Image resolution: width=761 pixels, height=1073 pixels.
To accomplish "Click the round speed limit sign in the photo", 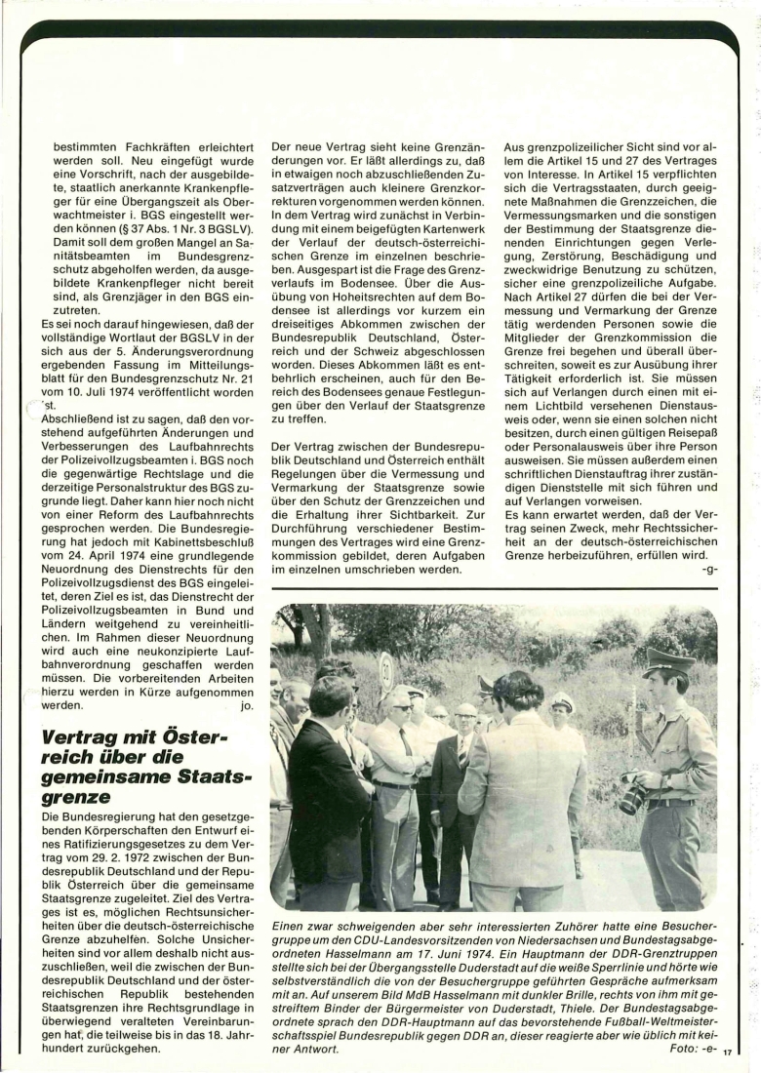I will [387, 672].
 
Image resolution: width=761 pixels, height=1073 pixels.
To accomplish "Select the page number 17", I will [728, 1053].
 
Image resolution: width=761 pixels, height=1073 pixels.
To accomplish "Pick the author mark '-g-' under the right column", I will [708, 571].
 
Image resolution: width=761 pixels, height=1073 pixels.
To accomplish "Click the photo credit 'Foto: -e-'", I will [691, 1049].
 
